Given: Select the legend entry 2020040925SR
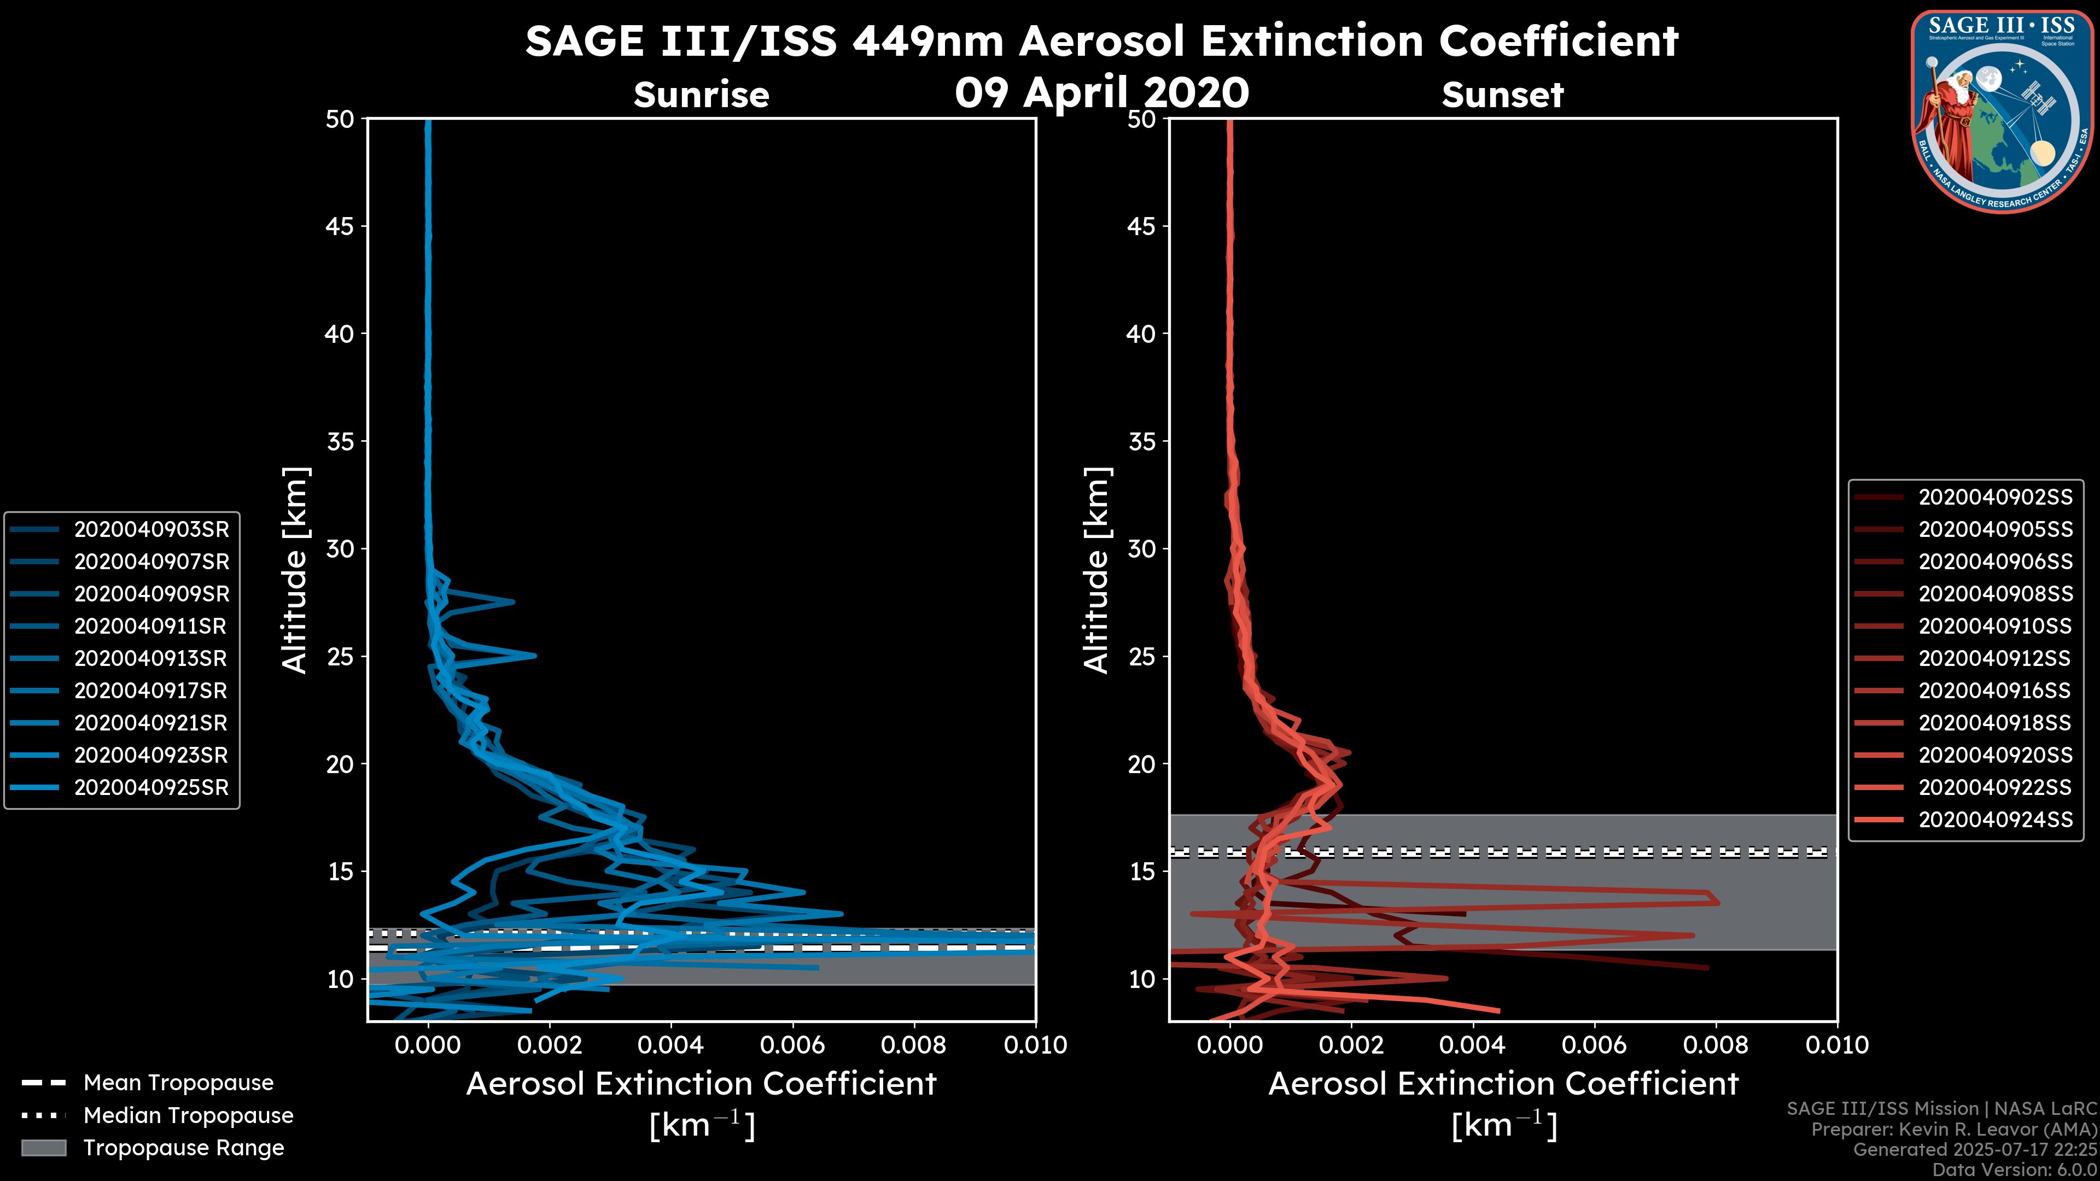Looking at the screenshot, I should (151, 788).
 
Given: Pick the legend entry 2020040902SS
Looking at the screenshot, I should (1995, 497).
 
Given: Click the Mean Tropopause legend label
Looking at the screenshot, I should (178, 1083).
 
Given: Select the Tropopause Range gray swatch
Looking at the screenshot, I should (43, 1148).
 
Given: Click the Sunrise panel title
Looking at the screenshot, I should (701, 95).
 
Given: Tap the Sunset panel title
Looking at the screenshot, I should (1502, 95).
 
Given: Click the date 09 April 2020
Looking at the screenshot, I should (1101, 92).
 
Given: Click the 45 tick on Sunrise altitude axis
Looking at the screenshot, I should (340, 226).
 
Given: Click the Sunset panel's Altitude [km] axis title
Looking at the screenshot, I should (1096, 570).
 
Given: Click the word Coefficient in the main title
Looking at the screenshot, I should (1558, 41).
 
